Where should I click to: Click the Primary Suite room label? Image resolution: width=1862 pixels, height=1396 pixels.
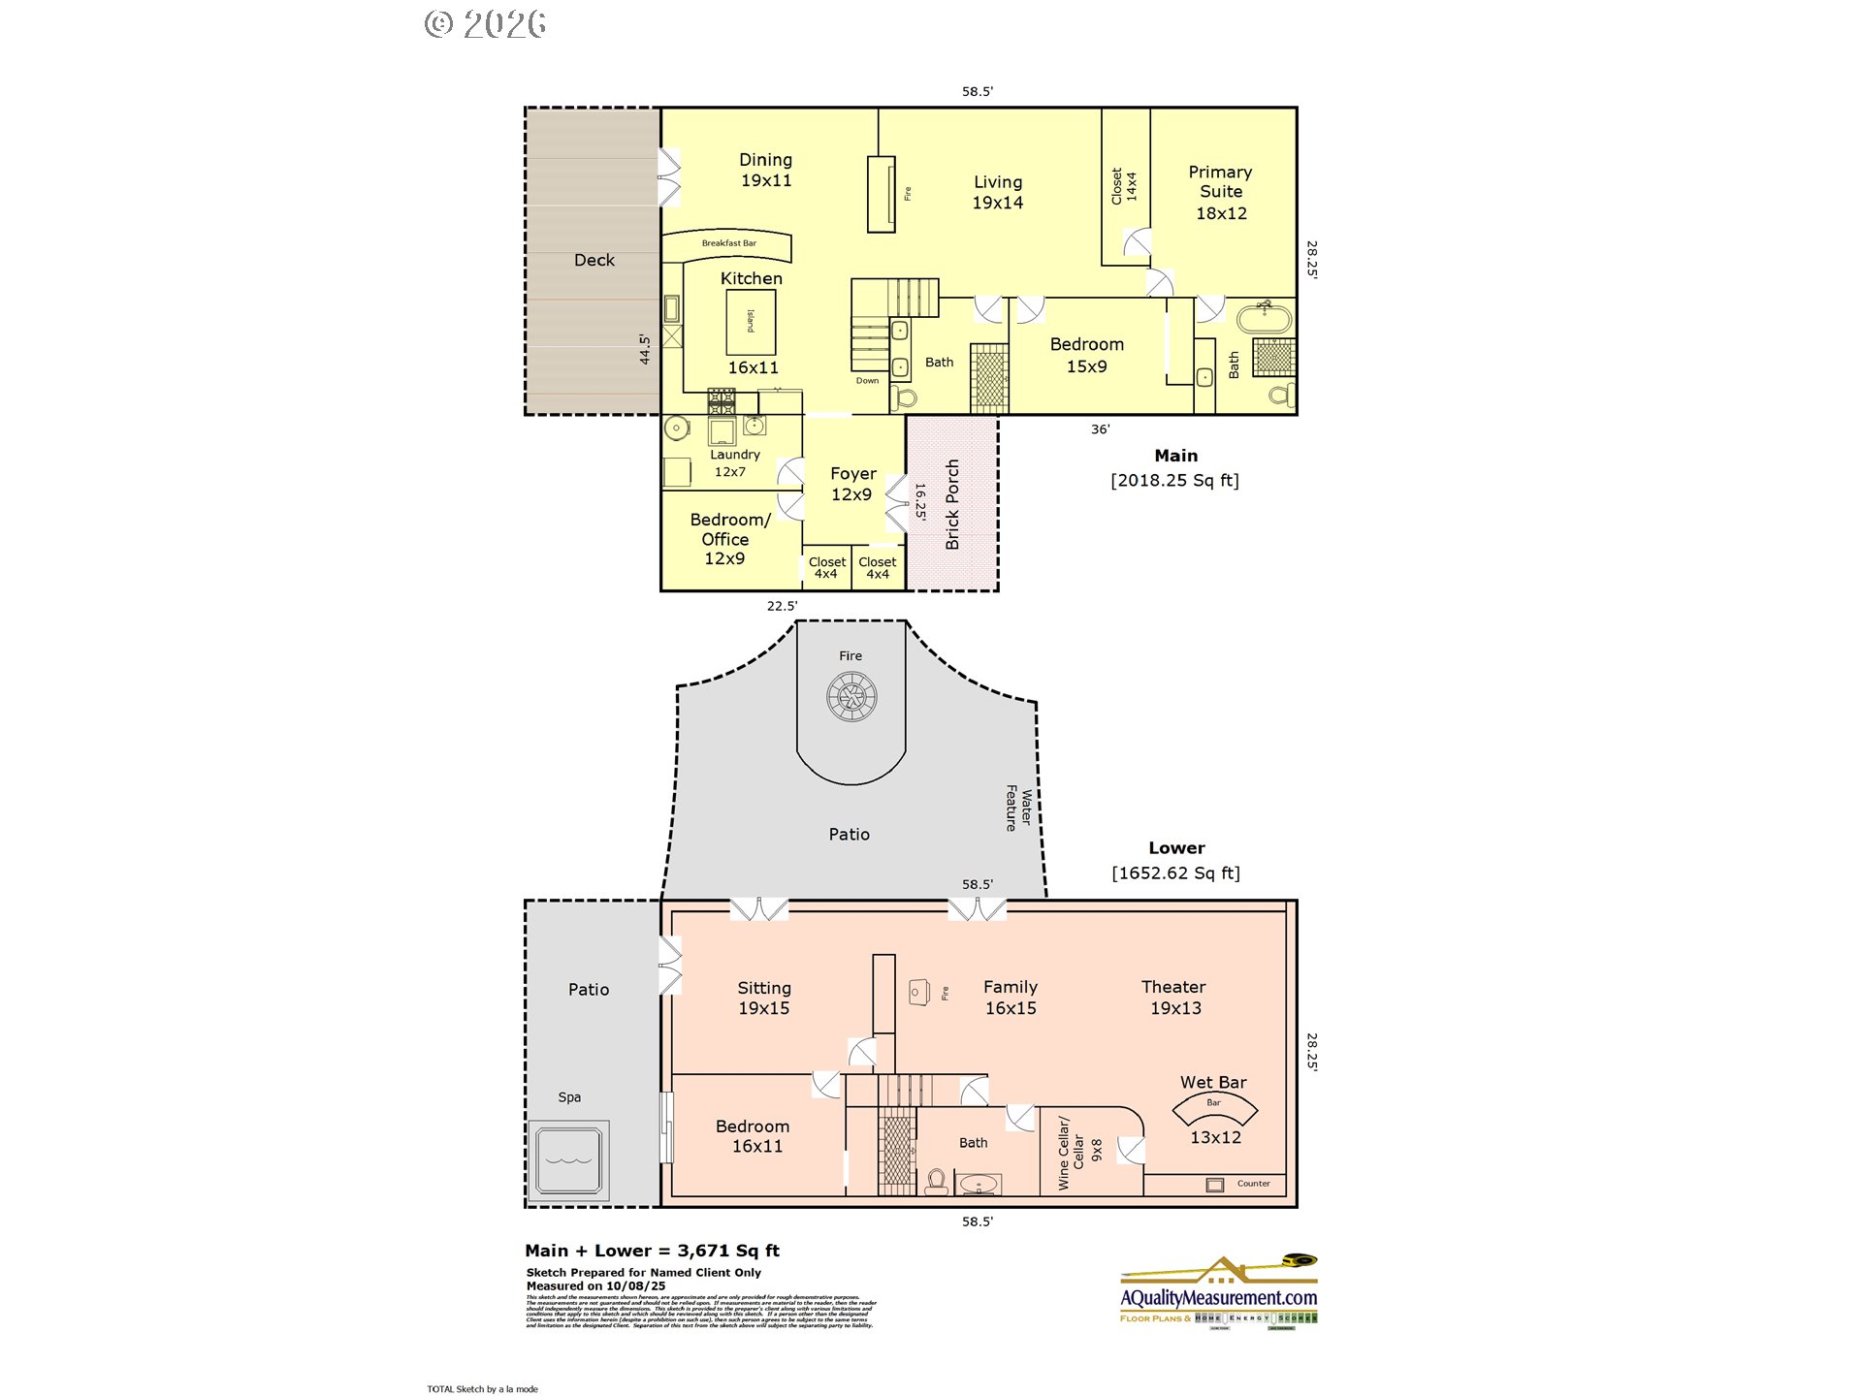point(1220,192)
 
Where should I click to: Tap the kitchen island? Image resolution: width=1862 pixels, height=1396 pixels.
point(751,322)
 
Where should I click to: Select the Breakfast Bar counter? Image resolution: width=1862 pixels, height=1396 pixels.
point(728,244)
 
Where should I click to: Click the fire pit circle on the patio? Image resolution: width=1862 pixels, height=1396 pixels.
point(851,696)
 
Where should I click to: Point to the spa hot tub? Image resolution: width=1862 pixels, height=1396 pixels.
point(569,1160)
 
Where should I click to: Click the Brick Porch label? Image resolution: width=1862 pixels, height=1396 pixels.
point(952,504)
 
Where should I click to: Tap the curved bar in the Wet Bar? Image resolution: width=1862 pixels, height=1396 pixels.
point(1214,1106)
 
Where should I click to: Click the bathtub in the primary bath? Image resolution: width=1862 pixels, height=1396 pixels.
point(1264,318)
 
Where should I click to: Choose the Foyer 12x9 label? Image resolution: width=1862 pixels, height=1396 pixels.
point(852,484)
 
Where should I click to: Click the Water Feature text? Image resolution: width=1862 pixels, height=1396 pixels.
point(1018,808)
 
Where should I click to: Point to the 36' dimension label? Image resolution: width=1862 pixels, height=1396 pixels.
point(1100,429)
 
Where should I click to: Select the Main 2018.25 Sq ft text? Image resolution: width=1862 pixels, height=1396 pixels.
point(1175,468)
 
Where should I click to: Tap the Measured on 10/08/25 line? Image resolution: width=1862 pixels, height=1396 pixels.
point(595,1286)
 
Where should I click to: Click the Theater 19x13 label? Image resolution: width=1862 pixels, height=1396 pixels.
point(1174,998)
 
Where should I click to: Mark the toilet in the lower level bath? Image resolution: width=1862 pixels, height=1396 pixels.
point(936,1182)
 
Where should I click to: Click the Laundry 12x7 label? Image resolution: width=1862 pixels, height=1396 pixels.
point(733,462)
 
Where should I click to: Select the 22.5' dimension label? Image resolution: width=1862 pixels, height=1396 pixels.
point(782,606)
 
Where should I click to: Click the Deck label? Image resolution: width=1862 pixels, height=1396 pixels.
point(594,260)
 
